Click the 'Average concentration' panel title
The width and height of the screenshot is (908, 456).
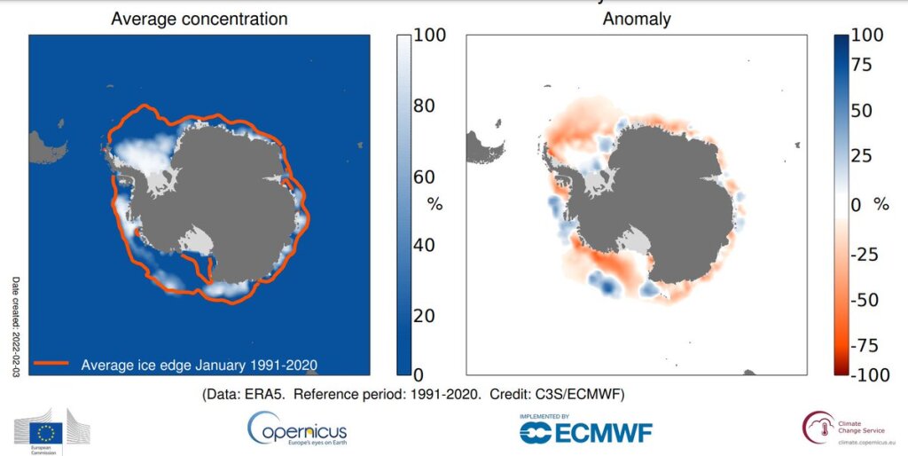200,18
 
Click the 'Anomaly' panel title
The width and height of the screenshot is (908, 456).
636,18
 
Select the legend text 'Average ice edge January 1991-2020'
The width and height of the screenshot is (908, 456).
199,364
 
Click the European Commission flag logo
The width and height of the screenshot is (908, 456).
52,432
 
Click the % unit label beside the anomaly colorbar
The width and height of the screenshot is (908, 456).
881,204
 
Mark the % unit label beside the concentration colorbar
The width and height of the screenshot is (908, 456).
434,204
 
